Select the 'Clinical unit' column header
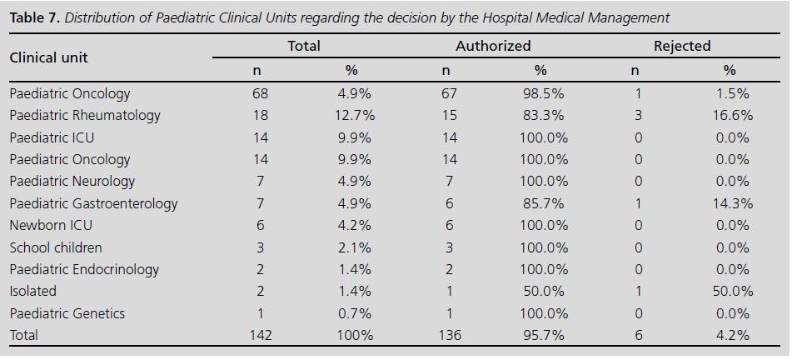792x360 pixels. click(x=48, y=57)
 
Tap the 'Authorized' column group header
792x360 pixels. click(x=493, y=47)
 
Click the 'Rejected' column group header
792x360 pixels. click(x=681, y=47)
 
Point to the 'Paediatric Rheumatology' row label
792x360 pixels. click(x=85, y=116)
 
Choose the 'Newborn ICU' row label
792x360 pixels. click(x=51, y=226)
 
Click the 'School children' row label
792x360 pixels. click(x=56, y=247)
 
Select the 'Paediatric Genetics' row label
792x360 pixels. click(x=67, y=313)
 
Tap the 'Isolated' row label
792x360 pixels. click(x=33, y=292)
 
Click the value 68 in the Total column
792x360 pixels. click(x=260, y=94)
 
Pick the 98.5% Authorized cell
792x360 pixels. click(x=543, y=94)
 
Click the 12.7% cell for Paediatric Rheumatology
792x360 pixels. click(x=354, y=116)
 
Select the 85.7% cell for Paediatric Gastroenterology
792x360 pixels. click(x=543, y=204)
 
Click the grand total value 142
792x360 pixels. click(x=260, y=336)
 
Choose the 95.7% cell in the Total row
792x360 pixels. click(x=543, y=336)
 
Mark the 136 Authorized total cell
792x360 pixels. click(x=448, y=336)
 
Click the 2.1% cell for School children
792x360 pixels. click(x=354, y=247)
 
